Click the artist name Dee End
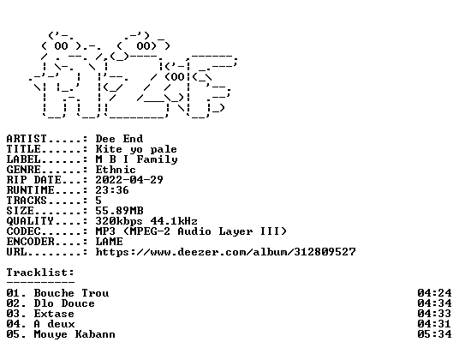[x=119, y=139]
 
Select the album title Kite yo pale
[x=136, y=149]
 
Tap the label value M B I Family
[x=137, y=159]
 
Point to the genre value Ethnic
[x=116, y=170]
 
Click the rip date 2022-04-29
[x=129, y=180]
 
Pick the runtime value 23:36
[x=112, y=190]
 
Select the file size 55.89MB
[x=119, y=211]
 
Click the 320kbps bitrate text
[x=119, y=221]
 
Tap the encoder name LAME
[x=110, y=242]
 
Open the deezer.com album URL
[x=226, y=252]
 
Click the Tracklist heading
[x=40, y=273]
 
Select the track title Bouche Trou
[x=71, y=293]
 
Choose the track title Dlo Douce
[x=64, y=303]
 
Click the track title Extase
[x=54, y=314]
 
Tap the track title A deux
[x=54, y=324]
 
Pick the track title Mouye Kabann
[x=75, y=334]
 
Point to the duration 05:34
[x=434, y=334]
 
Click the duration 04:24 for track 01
[x=434, y=293]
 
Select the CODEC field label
[x=23, y=231]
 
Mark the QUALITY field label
[x=30, y=221]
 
